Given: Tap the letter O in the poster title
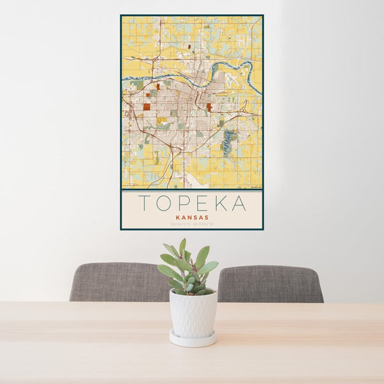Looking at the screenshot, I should [x=166, y=203].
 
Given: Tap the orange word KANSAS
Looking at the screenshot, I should [x=191, y=217].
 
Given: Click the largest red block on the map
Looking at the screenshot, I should [x=147, y=107].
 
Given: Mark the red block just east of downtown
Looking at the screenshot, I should [x=209, y=107].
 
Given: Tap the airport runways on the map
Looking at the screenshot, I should [x=230, y=80].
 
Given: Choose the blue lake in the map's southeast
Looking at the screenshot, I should [x=228, y=142].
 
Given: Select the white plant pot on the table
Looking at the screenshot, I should [x=193, y=314].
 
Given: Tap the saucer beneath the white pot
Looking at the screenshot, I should [x=193, y=339].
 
